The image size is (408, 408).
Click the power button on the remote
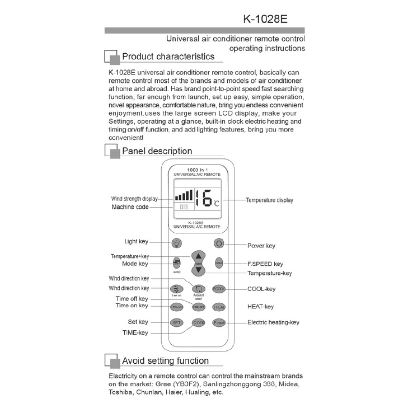[x=219, y=243]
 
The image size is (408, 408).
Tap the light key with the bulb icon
[x=177, y=243]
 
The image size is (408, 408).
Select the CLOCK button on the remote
[x=198, y=323]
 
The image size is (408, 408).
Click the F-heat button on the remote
[x=219, y=323]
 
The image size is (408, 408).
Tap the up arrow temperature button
[x=198, y=257]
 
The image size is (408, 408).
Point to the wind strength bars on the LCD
[x=184, y=195]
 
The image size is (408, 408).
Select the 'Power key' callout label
[x=261, y=245]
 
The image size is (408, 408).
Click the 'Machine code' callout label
[x=130, y=207]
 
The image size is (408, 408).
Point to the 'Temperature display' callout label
[x=269, y=200]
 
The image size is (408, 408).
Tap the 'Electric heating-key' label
[x=273, y=322]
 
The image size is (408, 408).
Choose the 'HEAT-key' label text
[x=260, y=307]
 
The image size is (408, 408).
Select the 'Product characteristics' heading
[x=168, y=57]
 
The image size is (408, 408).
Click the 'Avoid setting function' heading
[x=165, y=361]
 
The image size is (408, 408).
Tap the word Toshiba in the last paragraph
[x=121, y=392]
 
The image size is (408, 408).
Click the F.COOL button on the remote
[x=219, y=289]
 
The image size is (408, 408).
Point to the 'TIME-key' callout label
[x=135, y=332]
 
